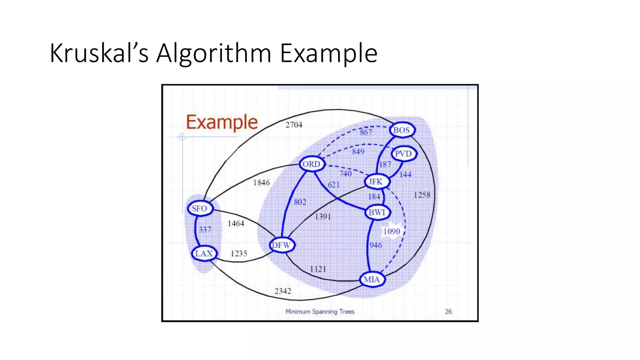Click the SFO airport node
click(200, 208)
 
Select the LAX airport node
click(204, 253)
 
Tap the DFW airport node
click(282, 245)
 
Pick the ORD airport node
click(312, 164)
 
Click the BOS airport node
click(402, 130)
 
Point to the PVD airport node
click(403, 154)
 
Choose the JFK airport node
click(376, 182)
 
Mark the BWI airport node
click(377, 212)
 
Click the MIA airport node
click(372, 279)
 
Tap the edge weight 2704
click(294, 125)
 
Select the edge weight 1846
click(261, 182)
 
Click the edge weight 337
click(205, 230)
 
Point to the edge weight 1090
click(392, 232)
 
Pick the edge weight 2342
click(282, 291)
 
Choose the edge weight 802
click(300, 202)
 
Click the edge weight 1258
click(422, 195)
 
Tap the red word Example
click(222, 122)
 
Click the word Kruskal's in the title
click(99, 53)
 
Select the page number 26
click(448, 312)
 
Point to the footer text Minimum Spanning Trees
click(320, 312)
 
